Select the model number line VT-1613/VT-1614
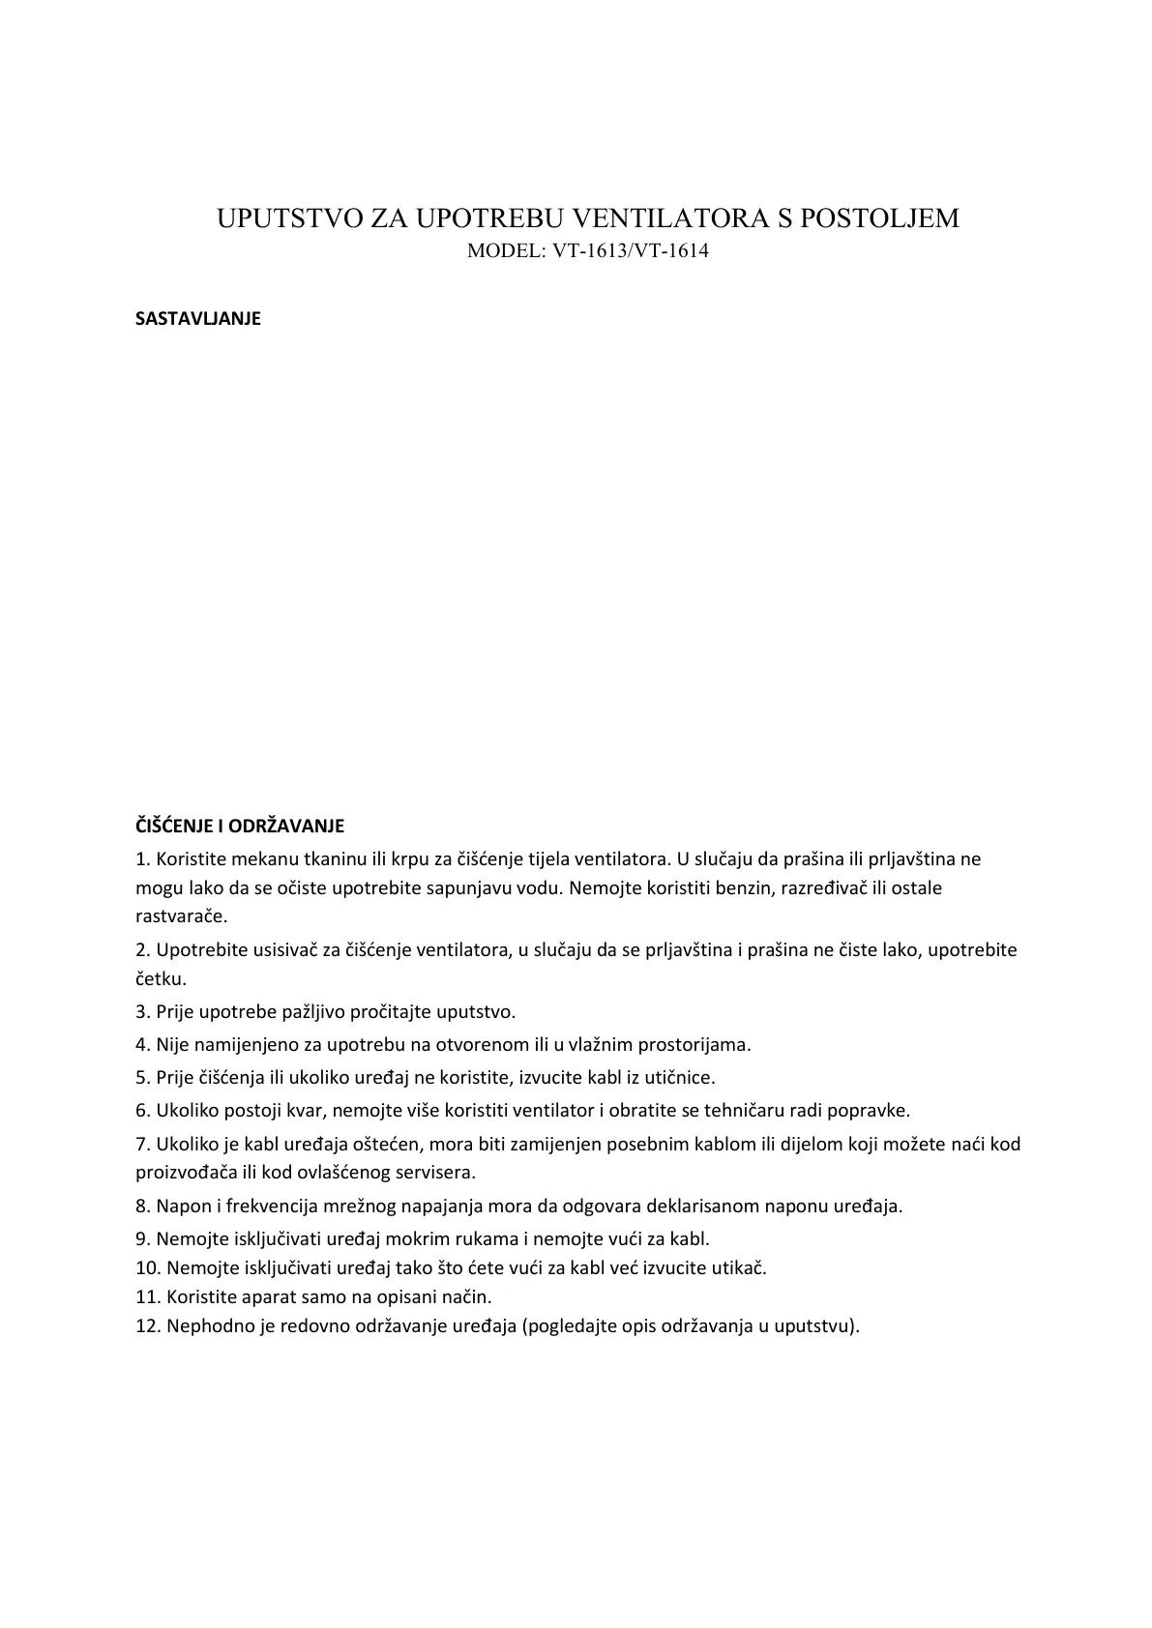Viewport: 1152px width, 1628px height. pos(588,251)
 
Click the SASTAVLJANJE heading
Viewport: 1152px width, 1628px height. pos(198,319)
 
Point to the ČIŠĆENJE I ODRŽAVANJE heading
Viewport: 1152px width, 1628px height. pos(240,827)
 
